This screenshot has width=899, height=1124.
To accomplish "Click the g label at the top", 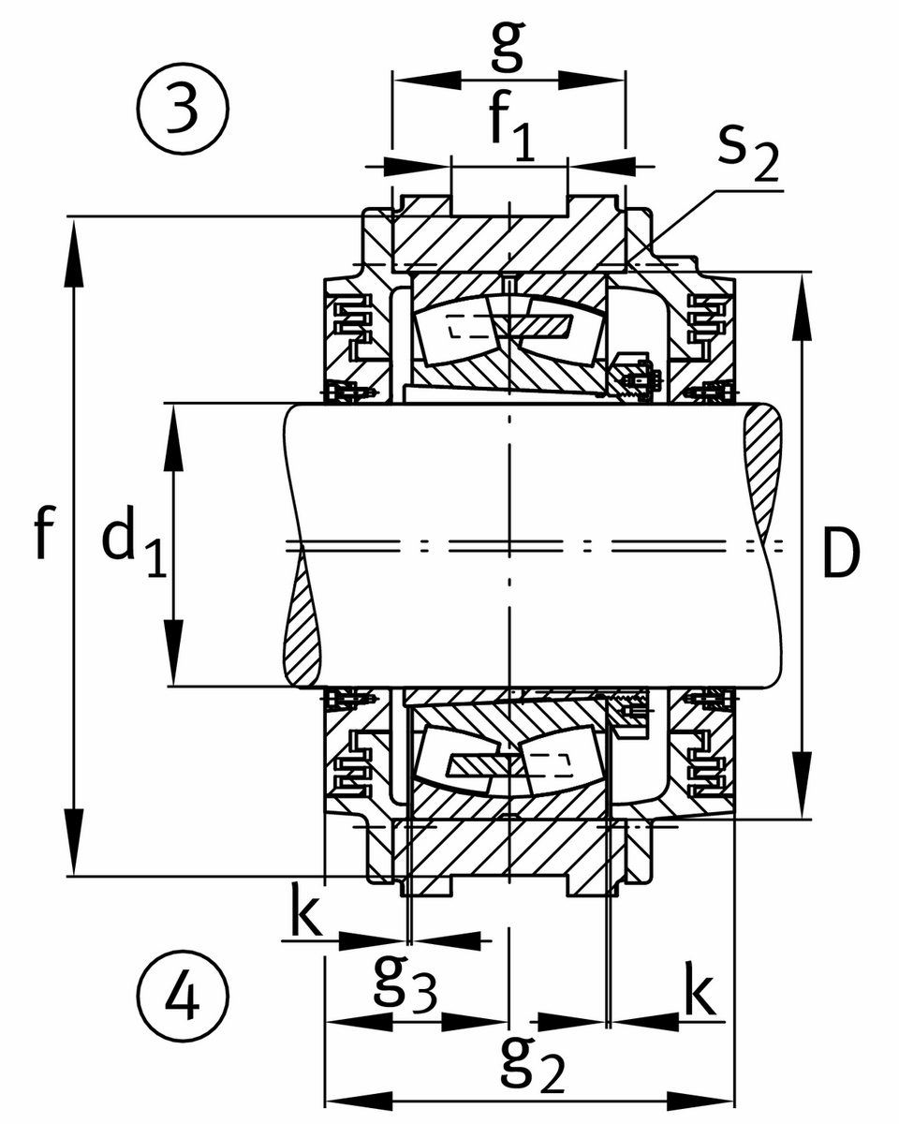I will (507, 47).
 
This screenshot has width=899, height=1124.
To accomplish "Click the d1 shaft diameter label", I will (132, 547).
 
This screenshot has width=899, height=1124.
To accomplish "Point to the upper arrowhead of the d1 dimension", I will (173, 436).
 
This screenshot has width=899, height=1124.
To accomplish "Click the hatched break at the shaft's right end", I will (763, 468).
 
